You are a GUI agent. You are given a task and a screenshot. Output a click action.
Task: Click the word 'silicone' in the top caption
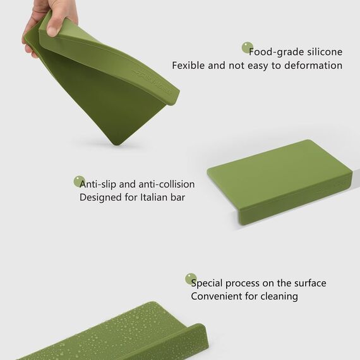coord(325,52)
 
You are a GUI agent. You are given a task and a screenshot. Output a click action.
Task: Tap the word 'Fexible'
coord(188,66)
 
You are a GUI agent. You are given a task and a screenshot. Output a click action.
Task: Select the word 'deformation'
coord(313,66)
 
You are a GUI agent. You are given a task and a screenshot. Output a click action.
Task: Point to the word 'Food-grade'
coord(277,52)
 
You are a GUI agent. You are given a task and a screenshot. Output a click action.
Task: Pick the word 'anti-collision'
coord(166,184)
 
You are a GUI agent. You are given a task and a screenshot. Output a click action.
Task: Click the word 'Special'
coord(207,284)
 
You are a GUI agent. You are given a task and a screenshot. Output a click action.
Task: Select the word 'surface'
coord(310,283)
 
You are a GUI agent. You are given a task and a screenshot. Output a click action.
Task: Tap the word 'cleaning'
coord(279,297)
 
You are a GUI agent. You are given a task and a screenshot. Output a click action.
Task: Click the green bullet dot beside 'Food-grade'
coord(248,48)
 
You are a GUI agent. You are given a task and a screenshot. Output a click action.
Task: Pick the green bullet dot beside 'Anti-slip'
coord(79,181)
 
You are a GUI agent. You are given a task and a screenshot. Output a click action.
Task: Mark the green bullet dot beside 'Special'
coord(191,279)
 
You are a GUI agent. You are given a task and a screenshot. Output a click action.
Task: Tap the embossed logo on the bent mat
coord(152,82)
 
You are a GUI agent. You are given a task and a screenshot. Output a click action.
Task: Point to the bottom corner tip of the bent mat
coord(117,145)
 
